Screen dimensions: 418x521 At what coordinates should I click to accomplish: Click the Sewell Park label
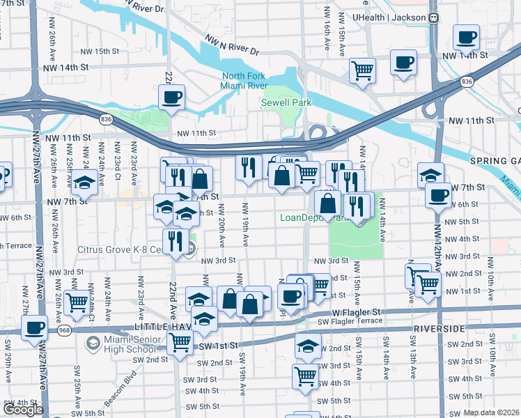(286, 102)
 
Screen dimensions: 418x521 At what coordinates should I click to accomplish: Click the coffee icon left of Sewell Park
(171, 98)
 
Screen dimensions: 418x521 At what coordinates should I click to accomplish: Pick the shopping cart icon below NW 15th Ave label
(362, 70)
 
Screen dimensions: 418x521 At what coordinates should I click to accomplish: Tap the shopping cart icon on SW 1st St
(180, 343)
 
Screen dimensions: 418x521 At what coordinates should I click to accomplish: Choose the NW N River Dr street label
(232, 46)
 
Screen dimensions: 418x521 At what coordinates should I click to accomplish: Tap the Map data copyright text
(492, 412)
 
